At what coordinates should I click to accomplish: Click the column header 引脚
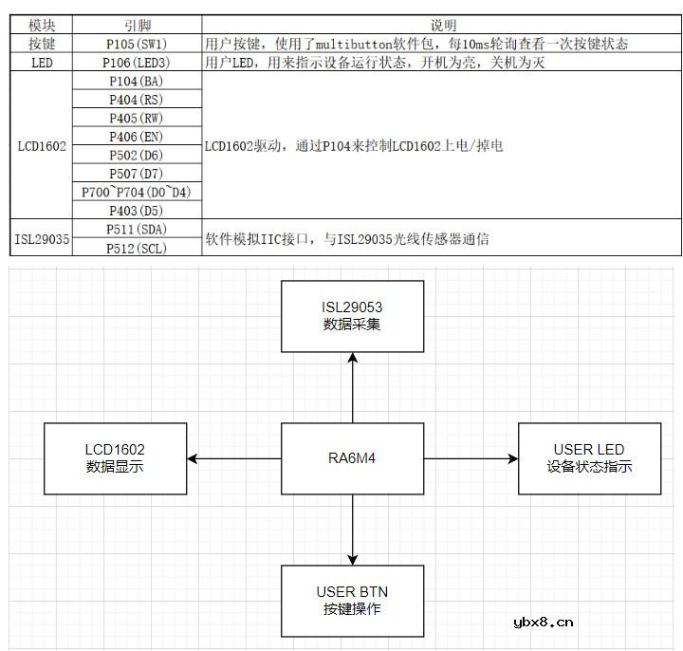pos(137,26)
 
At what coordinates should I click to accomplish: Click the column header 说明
pos(442,26)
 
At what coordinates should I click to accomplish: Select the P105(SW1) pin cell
pos(137,44)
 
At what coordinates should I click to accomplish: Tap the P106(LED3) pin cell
pos(137,63)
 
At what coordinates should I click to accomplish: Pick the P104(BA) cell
pos(137,81)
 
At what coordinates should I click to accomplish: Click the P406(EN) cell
pos(137,137)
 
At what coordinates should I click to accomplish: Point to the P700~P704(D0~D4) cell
pos(137,192)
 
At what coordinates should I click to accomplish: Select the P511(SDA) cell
pos(137,230)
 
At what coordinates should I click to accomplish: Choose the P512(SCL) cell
pos(137,248)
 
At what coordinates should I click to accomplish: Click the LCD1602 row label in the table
pos(43,146)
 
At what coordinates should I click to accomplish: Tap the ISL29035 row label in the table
pos(43,239)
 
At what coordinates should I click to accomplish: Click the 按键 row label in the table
pos(43,44)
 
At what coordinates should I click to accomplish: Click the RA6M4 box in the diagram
pos(352,458)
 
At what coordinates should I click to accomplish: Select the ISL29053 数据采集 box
pos(352,316)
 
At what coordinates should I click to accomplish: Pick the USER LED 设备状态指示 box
pos(589,458)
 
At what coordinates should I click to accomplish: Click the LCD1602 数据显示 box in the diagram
pos(115,458)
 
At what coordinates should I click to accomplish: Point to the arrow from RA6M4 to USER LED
pos(470,458)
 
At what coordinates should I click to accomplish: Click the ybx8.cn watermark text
pos(543,623)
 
